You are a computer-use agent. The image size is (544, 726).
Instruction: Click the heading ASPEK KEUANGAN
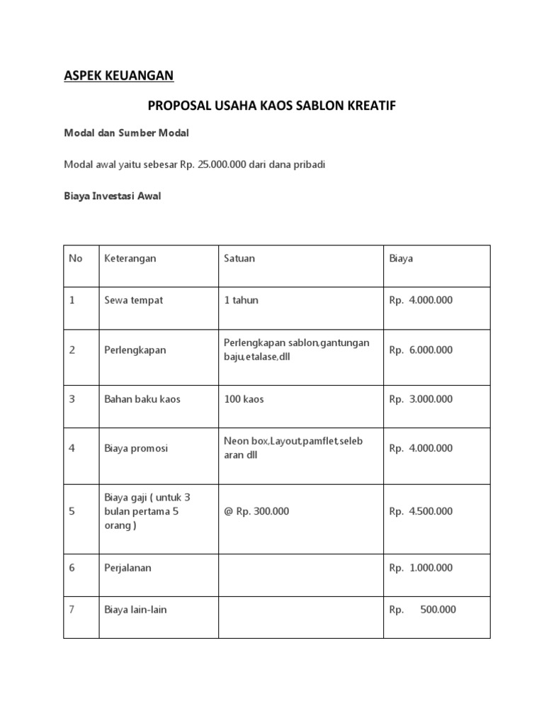click(118, 75)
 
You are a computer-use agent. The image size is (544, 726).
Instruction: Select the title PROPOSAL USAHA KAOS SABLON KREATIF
click(271, 106)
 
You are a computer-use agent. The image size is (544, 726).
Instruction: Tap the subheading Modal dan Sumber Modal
click(127, 134)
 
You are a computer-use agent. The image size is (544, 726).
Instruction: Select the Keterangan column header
click(130, 259)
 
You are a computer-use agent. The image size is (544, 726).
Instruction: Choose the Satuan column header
click(239, 259)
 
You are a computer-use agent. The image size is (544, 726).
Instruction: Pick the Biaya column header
click(401, 259)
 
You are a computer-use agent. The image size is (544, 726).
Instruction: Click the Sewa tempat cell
click(133, 300)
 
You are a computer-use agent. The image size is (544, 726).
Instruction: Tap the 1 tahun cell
click(241, 300)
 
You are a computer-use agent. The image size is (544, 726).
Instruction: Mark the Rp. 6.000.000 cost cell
click(420, 350)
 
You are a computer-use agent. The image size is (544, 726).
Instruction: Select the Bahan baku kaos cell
click(142, 399)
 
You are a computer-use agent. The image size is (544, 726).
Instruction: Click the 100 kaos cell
click(244, 399)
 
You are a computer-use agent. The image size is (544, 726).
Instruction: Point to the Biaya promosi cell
click(136, 448)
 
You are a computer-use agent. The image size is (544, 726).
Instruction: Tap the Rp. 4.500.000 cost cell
click(420, 511)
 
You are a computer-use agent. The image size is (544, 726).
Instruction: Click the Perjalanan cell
click(128, 568)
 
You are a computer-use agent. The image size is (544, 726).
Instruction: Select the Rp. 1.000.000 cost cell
click(420, 568)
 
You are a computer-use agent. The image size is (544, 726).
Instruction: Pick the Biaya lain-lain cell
click(135, 610)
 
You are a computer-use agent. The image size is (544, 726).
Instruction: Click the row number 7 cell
click(72, 610)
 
